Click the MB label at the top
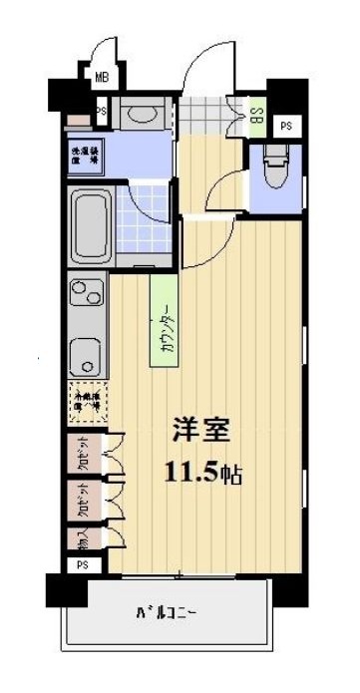[x=102, y=76]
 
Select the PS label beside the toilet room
[x=286, y=125]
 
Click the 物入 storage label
[x=81, y=539]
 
